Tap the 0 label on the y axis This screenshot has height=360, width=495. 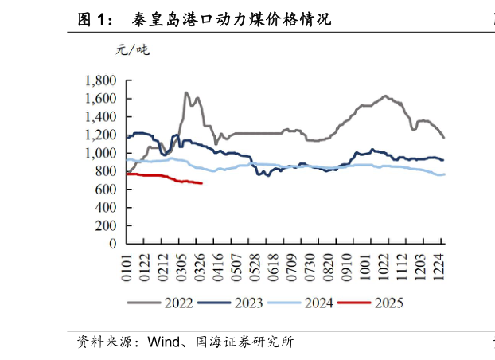[113, 244]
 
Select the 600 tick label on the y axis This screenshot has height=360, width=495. [107, 190]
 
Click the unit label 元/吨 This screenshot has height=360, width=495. [132, 50]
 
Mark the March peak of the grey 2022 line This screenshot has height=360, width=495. [186, 92]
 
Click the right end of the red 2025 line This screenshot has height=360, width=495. [202, 183]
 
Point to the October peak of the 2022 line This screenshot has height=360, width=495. [385, 96]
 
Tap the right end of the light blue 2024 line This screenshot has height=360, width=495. [444, 174]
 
